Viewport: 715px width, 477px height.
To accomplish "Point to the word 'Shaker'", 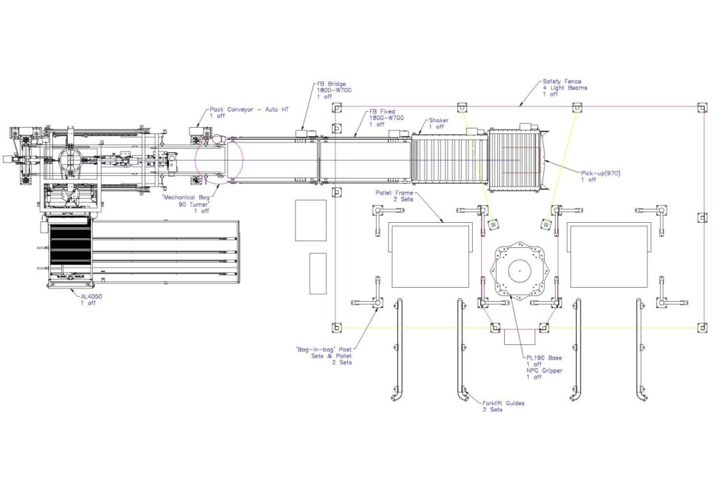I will [x=438, y=120].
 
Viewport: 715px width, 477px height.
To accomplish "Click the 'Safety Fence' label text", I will [x=562, y=81].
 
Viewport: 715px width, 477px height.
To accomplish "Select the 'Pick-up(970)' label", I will [x=600, y=173].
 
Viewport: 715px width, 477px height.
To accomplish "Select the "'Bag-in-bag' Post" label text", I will [x=322, y=348].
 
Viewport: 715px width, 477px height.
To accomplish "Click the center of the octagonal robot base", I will [x=519, y=269].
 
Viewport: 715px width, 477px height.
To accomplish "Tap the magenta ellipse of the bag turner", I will [x=219, y=161].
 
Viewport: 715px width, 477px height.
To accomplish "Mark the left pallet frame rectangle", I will [x=429, y=256].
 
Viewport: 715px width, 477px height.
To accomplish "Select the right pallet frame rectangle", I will [x=607, y=256].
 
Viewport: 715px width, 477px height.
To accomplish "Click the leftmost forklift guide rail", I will [x=399, y=349].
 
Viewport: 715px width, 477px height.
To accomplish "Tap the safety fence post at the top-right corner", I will [x=702, y=108].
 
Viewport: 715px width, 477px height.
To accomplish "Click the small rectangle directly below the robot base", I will [x=519, y=337].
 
